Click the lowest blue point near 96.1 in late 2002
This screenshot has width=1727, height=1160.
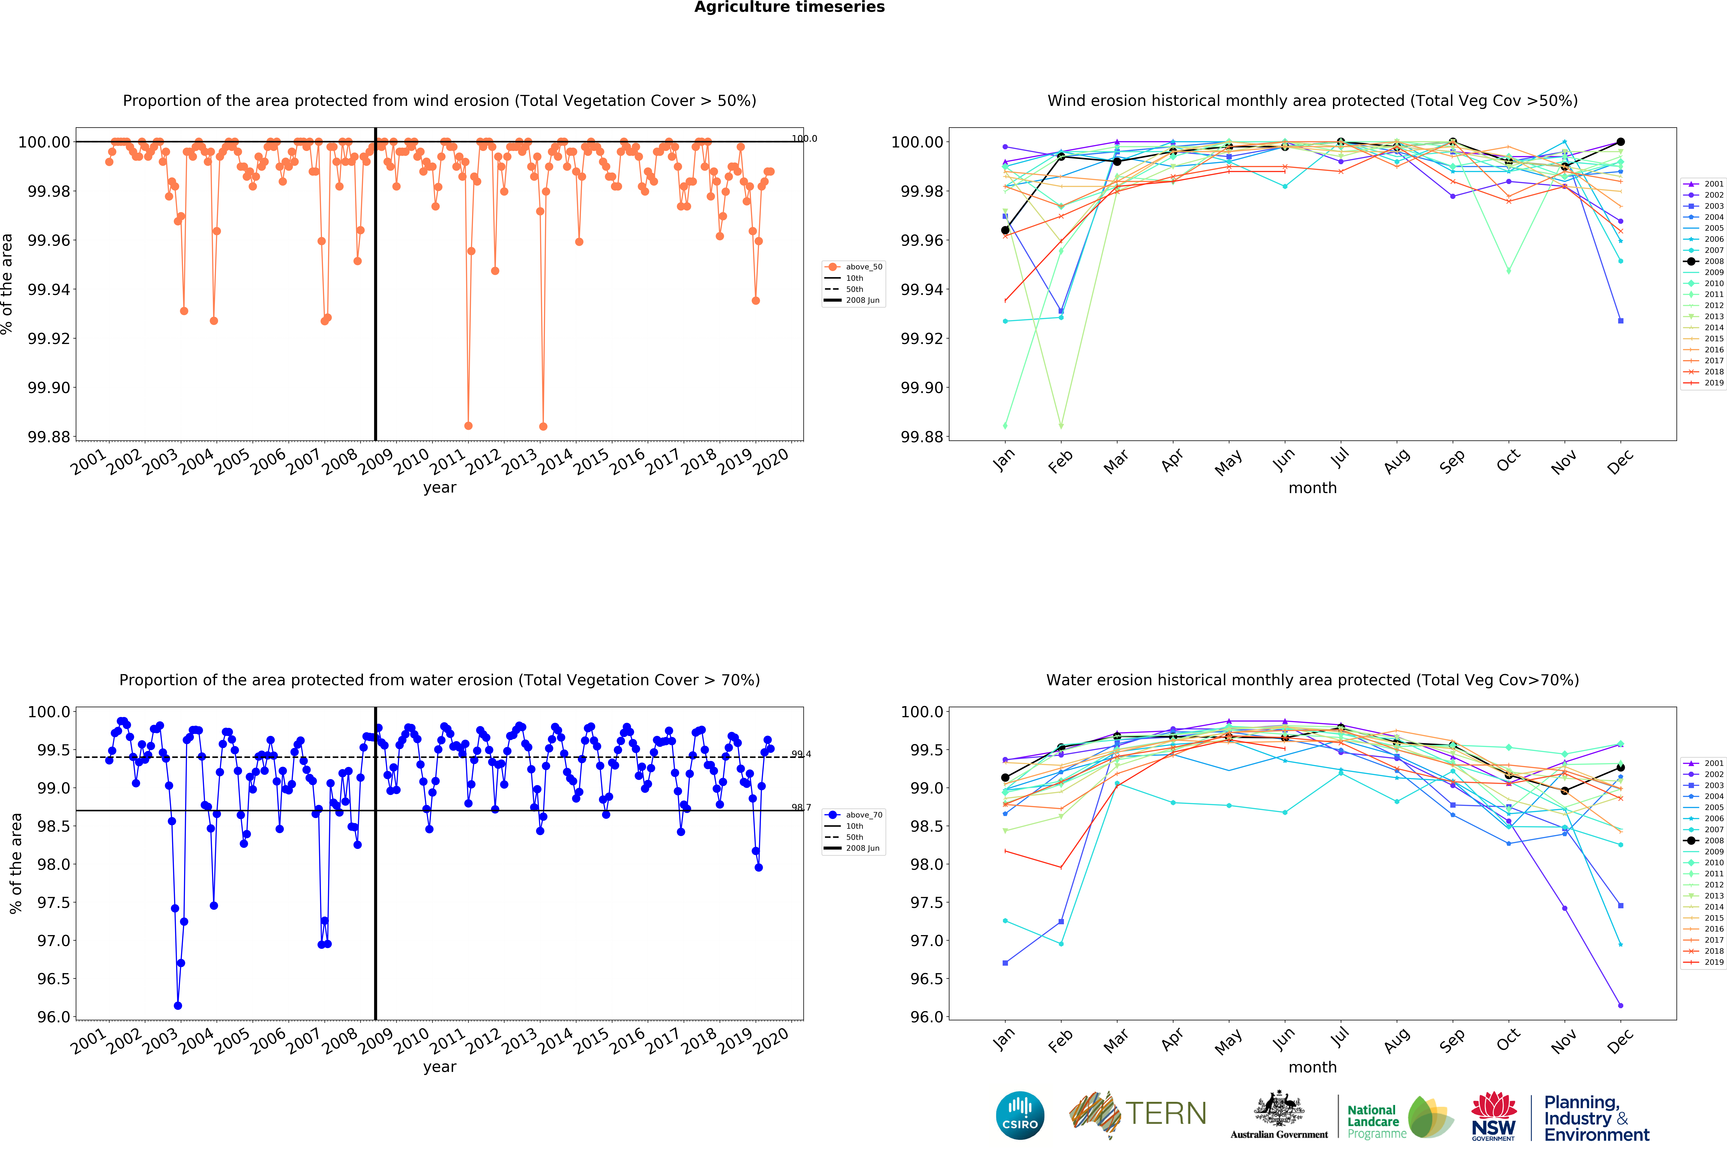coord(177,1005)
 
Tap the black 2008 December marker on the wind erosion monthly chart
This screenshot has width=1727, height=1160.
coord(1621,141)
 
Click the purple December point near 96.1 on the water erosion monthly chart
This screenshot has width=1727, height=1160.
coord(1621,1005)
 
